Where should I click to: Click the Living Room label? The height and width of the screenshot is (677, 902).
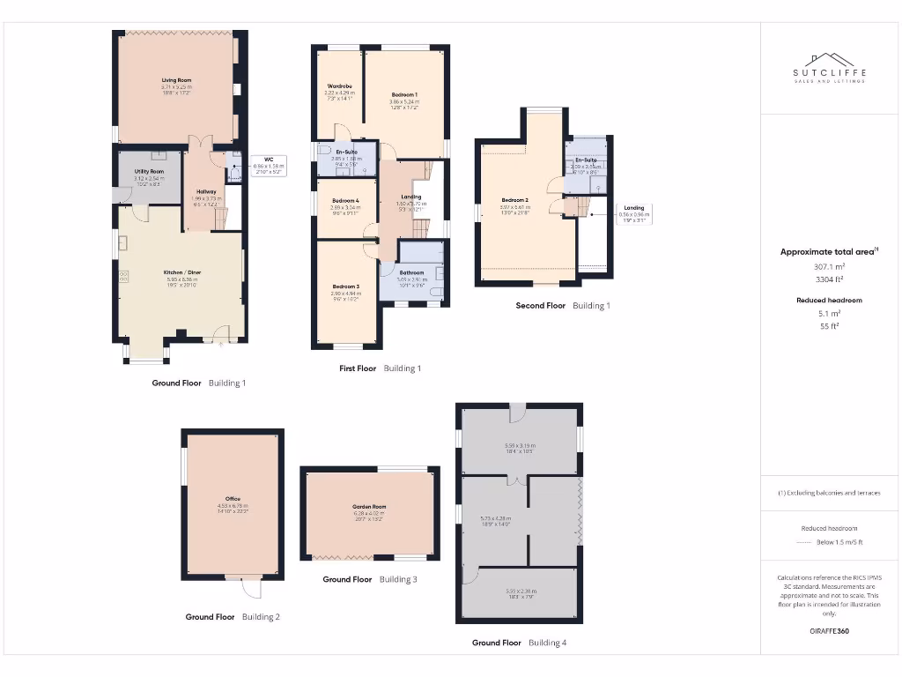(x=176, y=80)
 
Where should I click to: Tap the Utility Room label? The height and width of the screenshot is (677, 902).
(x=150, y=171)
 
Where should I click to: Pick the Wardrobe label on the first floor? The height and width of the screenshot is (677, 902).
(x=339, y=86)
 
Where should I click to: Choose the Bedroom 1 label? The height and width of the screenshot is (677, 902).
(x=404, y=94)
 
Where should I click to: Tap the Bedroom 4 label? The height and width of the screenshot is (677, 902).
(x=345, y=200)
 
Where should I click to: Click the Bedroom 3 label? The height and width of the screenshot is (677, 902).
(x=345, y=286)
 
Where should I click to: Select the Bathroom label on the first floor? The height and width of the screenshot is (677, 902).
(x=411, y=273)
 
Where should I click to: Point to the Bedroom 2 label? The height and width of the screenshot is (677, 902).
(x=515, y=200)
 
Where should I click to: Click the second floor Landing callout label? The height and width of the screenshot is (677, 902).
(x=633, y=208)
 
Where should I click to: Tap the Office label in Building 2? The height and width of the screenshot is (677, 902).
(x=233, y=499)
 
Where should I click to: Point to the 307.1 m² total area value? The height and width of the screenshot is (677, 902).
(x=829, y=265)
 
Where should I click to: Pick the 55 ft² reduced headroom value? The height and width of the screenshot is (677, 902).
(x=829, y=325)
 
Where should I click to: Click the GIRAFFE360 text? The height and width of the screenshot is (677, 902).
(x=829, y=631)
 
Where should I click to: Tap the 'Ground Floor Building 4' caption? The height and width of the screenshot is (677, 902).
(x=519, y=643)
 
